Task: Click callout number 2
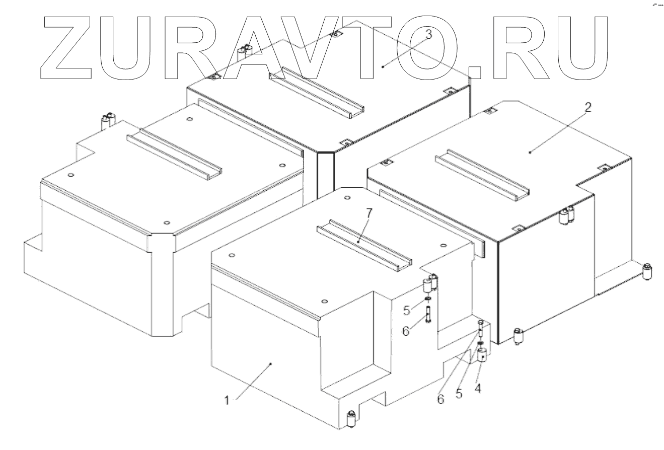[588, 107]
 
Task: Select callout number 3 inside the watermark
[428, 35]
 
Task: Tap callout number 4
[478, 389]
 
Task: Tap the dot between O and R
[475, 73]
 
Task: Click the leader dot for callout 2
[530, 151]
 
